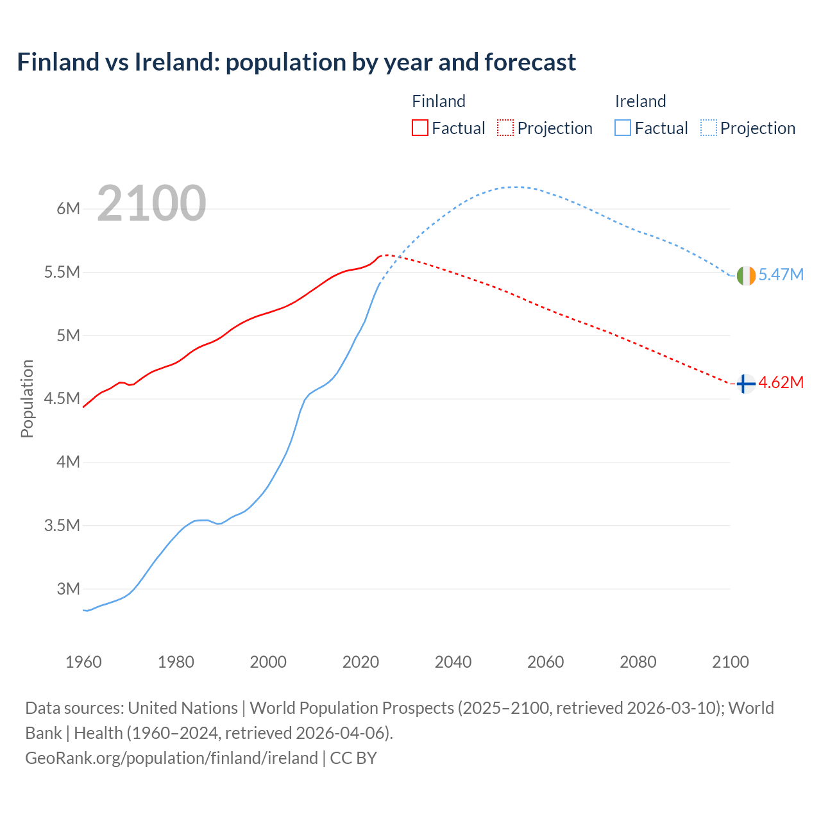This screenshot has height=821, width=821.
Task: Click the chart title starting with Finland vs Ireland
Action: click(296, 62)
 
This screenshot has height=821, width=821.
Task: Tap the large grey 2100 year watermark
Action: click(151, 203)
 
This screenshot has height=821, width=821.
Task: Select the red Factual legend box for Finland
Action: click(419, 128)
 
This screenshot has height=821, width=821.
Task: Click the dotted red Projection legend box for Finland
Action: click(505, 128)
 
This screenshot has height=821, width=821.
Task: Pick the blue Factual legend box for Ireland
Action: click(622, 128)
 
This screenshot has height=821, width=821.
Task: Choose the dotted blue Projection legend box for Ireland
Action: click(708, 128)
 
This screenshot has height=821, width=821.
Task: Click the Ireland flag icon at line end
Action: click(746, 275)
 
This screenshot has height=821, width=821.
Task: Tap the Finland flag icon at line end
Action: click(745, 384)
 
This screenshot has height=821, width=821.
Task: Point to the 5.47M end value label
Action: click(781, 275)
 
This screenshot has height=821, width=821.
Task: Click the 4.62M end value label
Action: click(781, 383)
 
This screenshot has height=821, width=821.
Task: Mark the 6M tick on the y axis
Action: click(68, 208)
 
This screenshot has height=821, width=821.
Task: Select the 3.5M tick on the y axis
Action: click(62, 525)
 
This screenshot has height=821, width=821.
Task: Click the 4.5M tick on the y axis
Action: click(62, 399)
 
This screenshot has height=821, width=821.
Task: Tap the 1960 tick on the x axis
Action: click(83, 662)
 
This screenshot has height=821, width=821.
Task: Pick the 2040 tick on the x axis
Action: click(453, 662)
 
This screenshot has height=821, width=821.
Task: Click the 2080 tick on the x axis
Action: click(638, 662)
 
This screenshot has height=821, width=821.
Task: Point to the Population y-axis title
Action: click(27, 398)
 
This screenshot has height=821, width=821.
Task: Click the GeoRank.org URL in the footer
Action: click(171, 758)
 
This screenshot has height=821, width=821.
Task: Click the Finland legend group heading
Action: click(438, 101)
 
